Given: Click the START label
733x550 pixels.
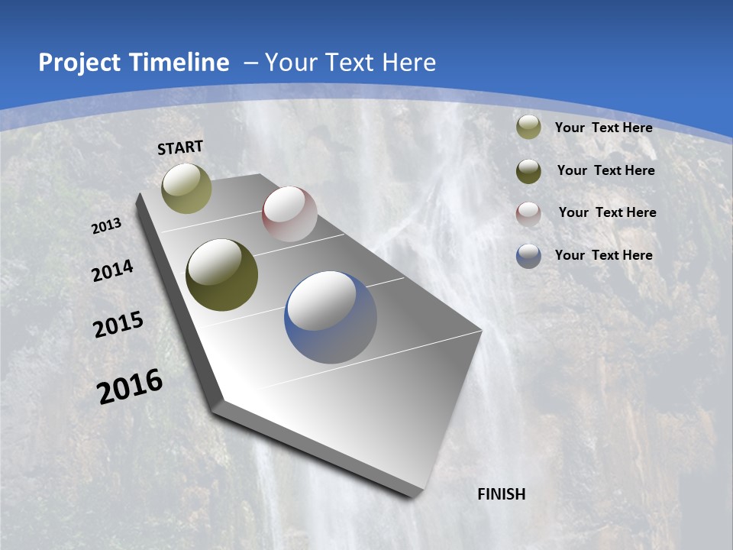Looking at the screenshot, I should point(180,147).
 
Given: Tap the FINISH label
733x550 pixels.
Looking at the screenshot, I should point(502,494).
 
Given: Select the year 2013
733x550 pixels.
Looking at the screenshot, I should point(107,226).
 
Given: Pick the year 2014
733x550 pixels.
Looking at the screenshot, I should point(112,271).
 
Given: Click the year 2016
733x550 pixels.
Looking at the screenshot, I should point(130,387).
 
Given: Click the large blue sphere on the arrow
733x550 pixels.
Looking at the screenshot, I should point(331,317).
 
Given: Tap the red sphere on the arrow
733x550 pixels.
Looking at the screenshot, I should point(289,214).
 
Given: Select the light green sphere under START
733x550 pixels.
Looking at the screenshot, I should point(187,188).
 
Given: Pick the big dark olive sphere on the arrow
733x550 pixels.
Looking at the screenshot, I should point(222,275).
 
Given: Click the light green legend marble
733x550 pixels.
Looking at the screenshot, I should point(528,128).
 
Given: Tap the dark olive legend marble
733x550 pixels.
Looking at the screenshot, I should point(528,171).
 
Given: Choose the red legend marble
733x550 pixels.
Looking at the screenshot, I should point(528,213).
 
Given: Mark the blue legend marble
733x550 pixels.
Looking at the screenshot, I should point(528,256).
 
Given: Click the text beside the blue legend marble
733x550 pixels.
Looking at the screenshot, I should point(603,255).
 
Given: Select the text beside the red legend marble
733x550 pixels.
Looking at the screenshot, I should point(607,212).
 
